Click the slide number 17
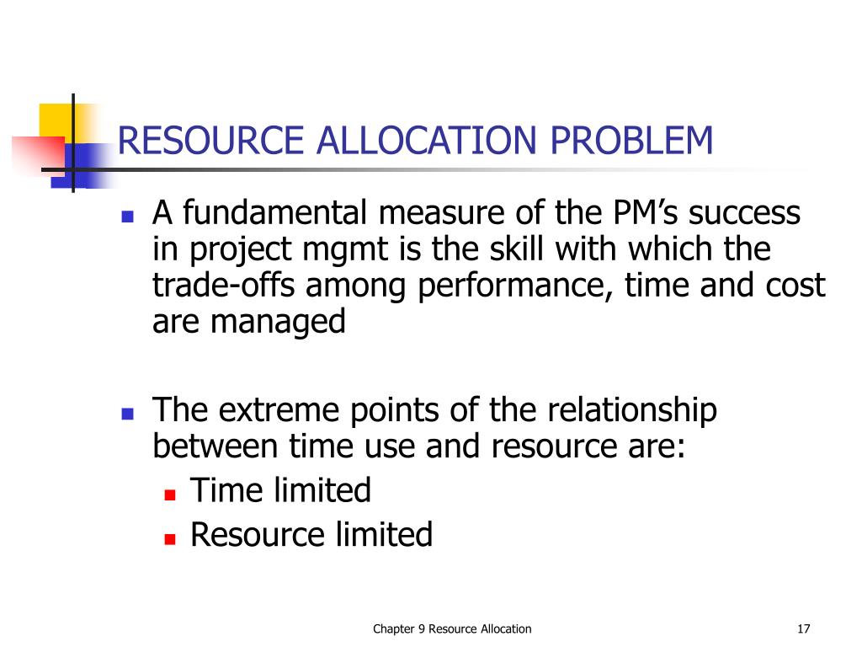click(x=802, y=628)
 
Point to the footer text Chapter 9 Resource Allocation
click(x=453, y=628)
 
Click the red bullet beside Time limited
click(x=169, y=495)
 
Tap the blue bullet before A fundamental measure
click(x=128, y=217)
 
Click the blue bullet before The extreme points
click(x=128, y=414)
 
